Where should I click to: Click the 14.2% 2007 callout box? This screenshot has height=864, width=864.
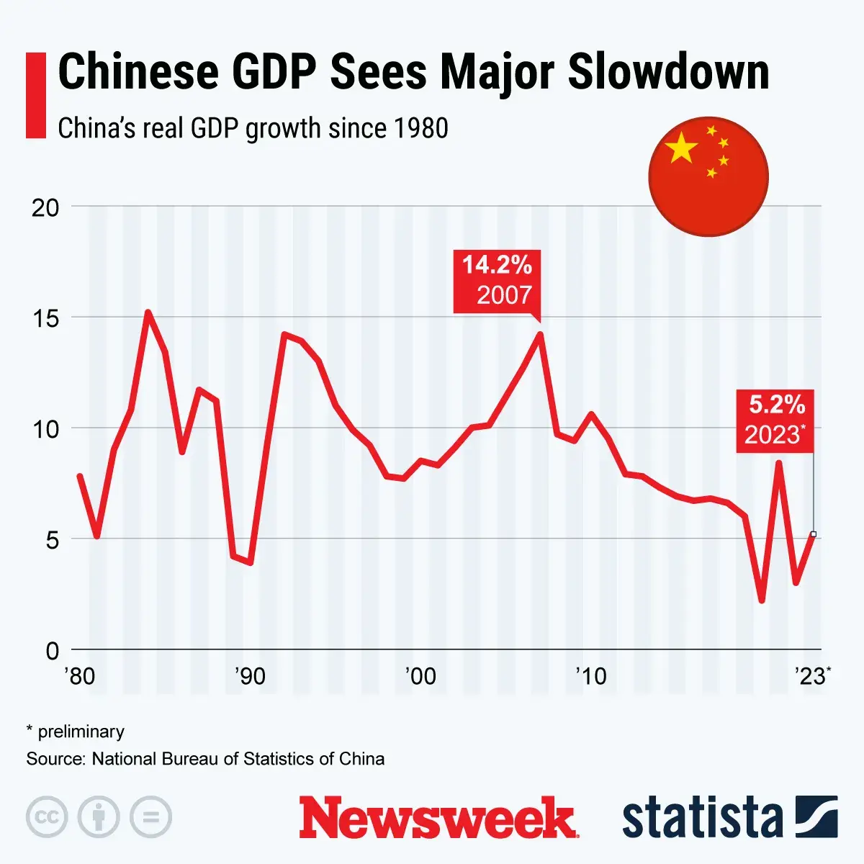[497, 281]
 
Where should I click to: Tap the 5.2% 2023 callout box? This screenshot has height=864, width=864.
[775, 420]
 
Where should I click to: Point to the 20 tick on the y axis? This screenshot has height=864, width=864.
[45, 207]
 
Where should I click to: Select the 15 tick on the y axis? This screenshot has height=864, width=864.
[45, 318]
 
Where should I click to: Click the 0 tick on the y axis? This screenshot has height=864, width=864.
[52, 650]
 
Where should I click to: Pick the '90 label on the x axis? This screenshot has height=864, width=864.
[250, 677]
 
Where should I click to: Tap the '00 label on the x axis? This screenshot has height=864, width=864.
[420, 677]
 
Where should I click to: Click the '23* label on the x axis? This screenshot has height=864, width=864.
[812, 677]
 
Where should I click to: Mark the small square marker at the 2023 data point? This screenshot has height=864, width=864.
[814, 534]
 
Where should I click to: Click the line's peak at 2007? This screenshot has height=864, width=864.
[539, 334]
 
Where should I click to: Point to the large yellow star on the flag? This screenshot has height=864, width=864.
[682, 148]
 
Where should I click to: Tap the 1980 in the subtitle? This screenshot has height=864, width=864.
[421, 128]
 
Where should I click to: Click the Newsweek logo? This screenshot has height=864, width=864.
[438, 817]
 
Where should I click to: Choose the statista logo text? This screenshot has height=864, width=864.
[702, 818]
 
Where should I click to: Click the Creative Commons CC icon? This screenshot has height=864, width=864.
[47, 817]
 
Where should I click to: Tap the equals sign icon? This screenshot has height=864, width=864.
[151, 817]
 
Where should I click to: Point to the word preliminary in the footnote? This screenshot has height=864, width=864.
[81, 732]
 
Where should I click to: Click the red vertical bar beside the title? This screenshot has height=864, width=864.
[36, 95]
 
